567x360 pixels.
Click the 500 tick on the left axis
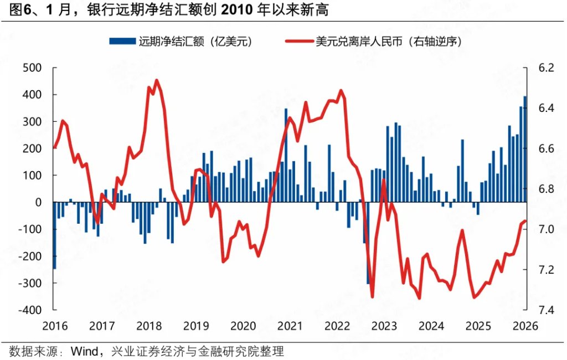pyautogui.click(x=33, y=68)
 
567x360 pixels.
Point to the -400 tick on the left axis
pyautogui.click(x=31, y=310)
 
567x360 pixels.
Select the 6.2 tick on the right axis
pyautogui.click(x=545, y=68)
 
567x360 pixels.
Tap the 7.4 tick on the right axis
pyautogui.click(x=545, y=310)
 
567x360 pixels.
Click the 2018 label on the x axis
pyautogui.click(x=149, y=326)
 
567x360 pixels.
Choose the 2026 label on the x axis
pyautogui.click(x=525, y=326)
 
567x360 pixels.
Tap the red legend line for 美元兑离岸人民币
pyautogui.click(x=297, y=42)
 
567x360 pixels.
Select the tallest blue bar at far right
pyautogui.click(x=525, y=150)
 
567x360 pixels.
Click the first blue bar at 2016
pyautogui.click(x=54, y=235)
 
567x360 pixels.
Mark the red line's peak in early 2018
pyautogui.click(x=156, y=80)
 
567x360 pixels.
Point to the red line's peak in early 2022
pyautogui.click(x=341, y=90)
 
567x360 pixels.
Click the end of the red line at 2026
pyautogui.click(x=525, y=221)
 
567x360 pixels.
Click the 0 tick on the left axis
pyautogui.click(x=39, y=203)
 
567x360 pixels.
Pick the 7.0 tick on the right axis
pyautogui.click(x=545, y=229)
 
